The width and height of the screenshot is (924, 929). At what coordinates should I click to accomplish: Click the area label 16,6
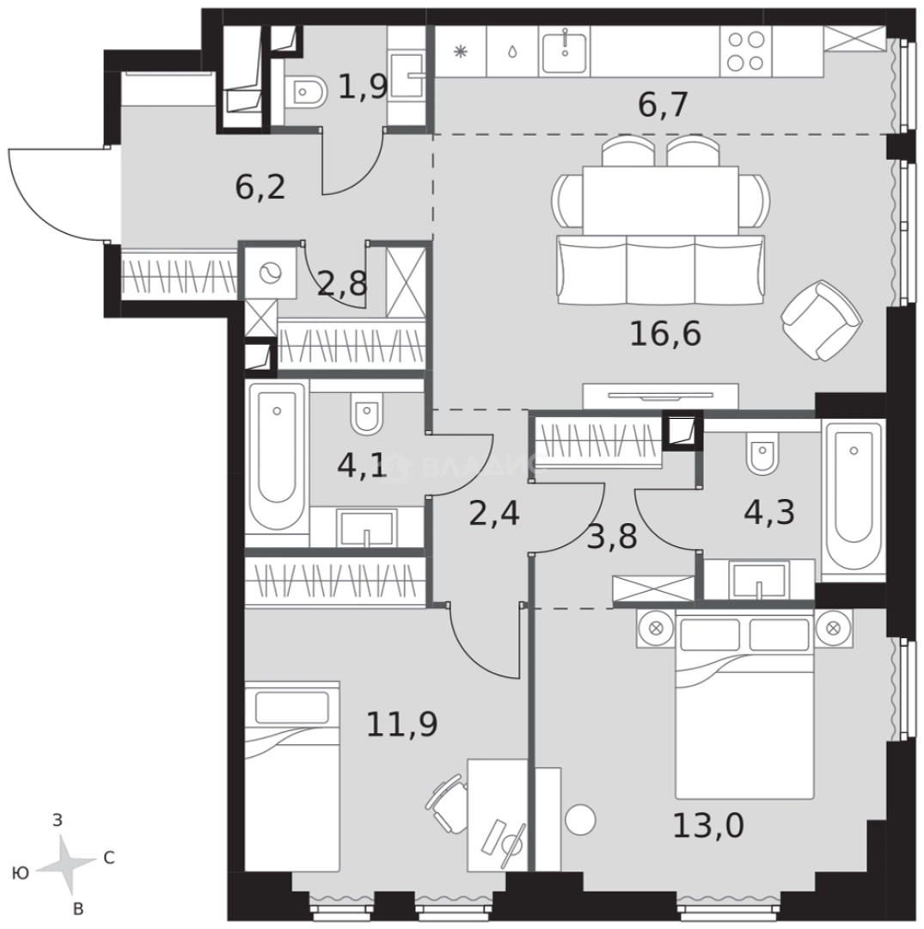click(665, 334)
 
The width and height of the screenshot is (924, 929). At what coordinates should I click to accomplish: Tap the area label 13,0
click(708, 825)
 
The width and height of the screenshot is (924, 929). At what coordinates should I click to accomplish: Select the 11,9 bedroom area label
click(402, 724)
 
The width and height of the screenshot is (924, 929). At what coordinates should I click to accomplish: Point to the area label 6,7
click(663, 106)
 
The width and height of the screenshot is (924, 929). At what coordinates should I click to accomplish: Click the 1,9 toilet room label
click(363, 88)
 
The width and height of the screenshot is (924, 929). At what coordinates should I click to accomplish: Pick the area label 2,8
click(342, 285)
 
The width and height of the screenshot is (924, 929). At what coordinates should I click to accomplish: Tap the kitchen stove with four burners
click(746, 51)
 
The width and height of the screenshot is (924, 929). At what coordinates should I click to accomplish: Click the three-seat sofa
click(661, 269)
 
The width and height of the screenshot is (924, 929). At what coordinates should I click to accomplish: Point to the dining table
click(661, 200)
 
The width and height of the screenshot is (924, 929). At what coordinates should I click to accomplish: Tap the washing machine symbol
click(271, 274)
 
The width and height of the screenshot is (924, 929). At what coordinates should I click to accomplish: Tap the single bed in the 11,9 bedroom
click(292, 777)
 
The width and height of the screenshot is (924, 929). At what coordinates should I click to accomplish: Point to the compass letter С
click(109, 858)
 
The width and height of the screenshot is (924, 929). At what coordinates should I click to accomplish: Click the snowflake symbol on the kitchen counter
click(460, 52)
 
